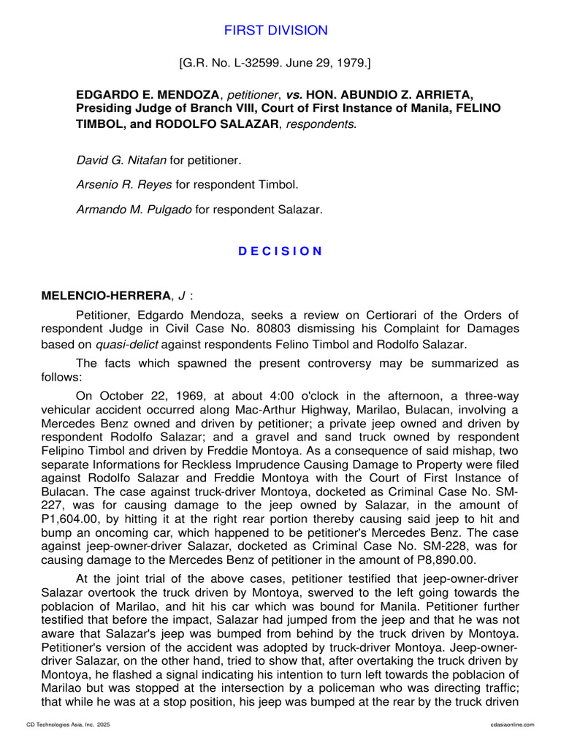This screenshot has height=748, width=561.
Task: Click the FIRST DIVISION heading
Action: tap(275, 31)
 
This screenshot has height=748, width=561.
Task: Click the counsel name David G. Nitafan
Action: tap(121, 159)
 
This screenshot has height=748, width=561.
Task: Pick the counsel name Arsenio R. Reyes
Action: tap(120, 184)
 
